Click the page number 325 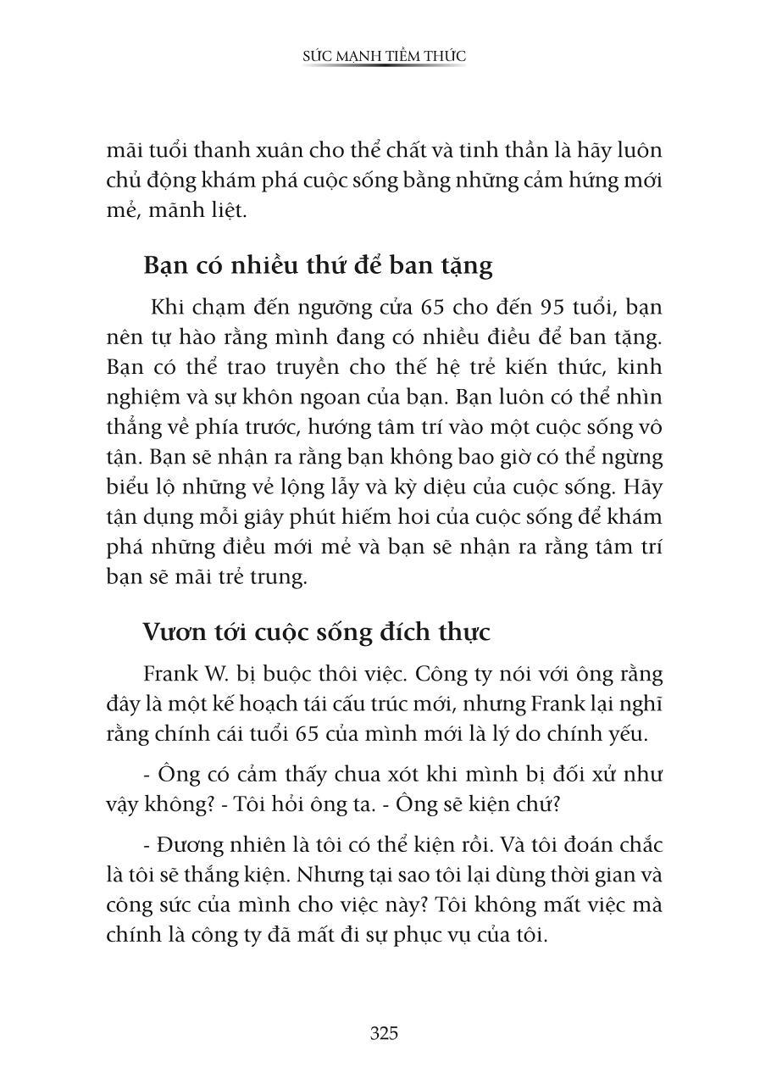click(384, 1033)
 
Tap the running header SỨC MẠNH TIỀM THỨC click(385, 56)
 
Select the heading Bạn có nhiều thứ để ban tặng click(318, 266)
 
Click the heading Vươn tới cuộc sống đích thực click(317, 632)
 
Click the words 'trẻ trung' click(265, 577)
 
